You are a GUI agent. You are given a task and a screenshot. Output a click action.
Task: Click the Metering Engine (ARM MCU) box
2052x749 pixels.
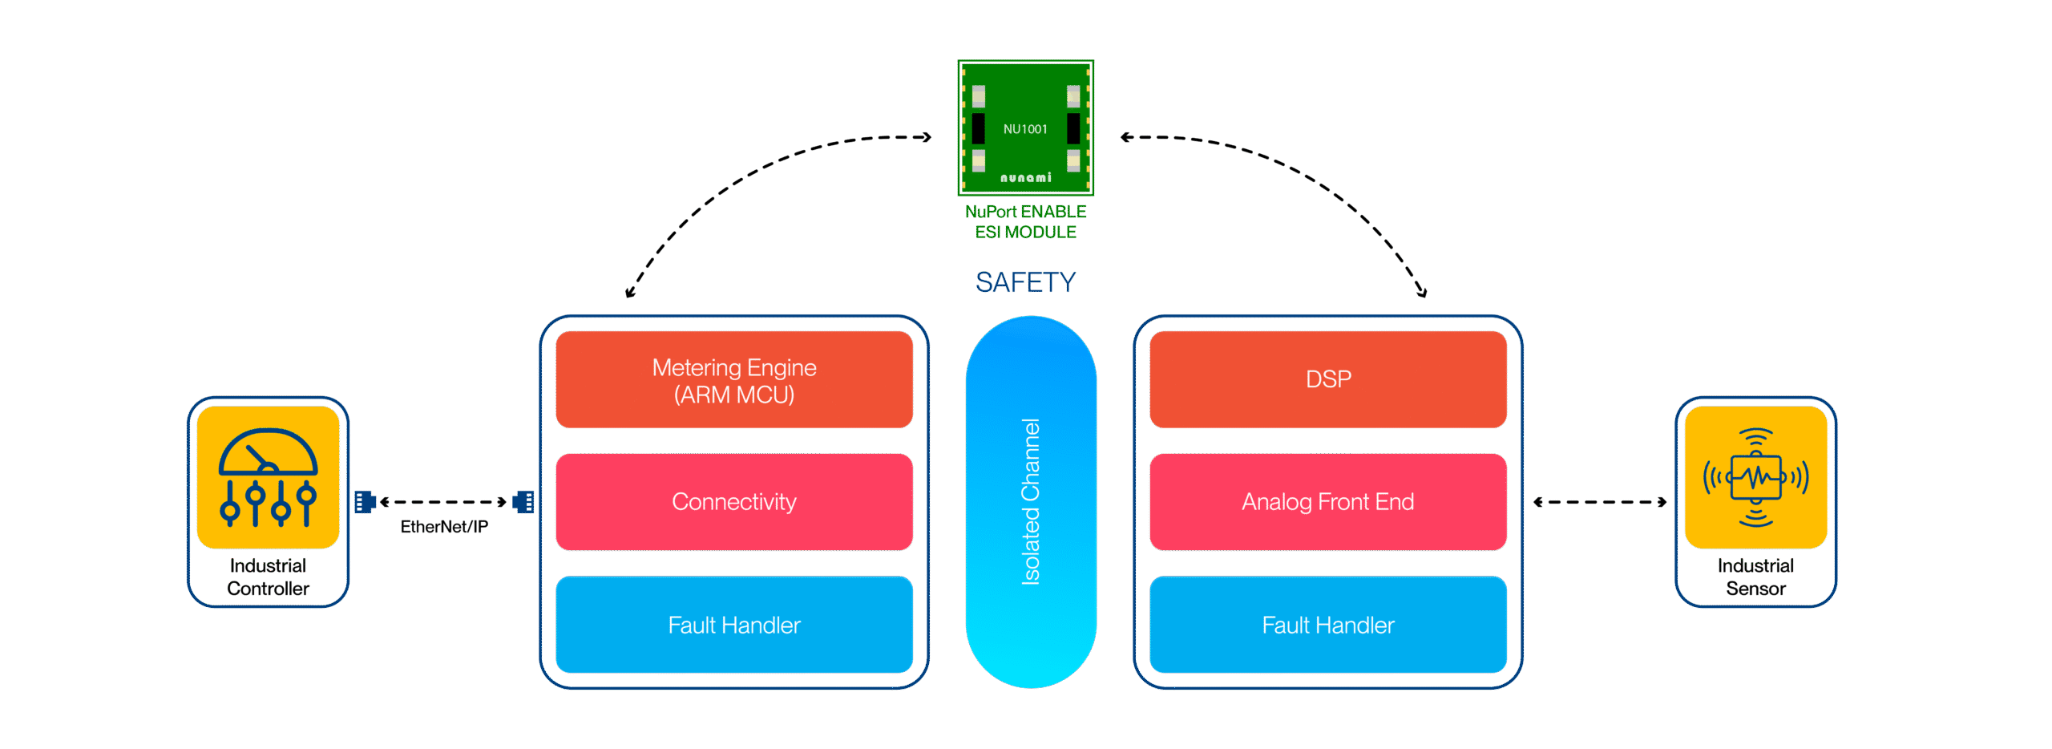click(x=734, y=380)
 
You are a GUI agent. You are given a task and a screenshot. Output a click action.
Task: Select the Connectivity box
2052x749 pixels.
click(x=734, y=502)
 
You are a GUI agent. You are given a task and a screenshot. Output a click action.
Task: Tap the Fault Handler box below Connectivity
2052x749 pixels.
click(x=734, y=625)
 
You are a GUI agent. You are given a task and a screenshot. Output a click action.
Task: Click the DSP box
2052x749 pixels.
click(x=1328, y=379)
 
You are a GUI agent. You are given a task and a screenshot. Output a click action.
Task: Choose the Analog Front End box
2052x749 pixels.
click(x=1328, y=502)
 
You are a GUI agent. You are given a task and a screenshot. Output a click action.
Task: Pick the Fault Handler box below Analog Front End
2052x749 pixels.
click(x=1328, y=625)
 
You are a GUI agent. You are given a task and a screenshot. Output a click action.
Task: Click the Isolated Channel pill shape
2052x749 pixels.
click(x=1031, y=501)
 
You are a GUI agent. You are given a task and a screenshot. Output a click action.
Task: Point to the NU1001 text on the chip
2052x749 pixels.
click(x=1025, y=129)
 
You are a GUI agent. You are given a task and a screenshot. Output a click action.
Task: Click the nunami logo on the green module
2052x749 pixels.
click(x=1025, y=177)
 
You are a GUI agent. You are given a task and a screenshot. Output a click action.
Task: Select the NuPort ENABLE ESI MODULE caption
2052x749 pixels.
click(x=1025, y=222)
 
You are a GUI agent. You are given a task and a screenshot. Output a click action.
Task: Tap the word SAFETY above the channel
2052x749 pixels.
click(x=1025, y=282)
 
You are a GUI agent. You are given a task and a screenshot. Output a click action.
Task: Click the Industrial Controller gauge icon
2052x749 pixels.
click(x=269, y=478)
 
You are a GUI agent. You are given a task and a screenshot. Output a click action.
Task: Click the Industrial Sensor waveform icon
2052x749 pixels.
click(x=1755, y=478)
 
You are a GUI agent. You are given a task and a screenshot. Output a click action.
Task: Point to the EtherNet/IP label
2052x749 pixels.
click(x=444, y=527)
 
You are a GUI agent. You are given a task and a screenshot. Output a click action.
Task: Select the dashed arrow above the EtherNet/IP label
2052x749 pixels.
click(x=444, y=502)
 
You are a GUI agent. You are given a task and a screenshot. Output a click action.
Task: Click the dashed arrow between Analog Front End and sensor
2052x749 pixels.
click(x=1599, y=502)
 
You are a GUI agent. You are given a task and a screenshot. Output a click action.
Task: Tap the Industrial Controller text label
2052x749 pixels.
click(x=269, y=577)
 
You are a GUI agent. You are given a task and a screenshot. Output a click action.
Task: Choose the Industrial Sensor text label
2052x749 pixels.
click(x=1755, y=577)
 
